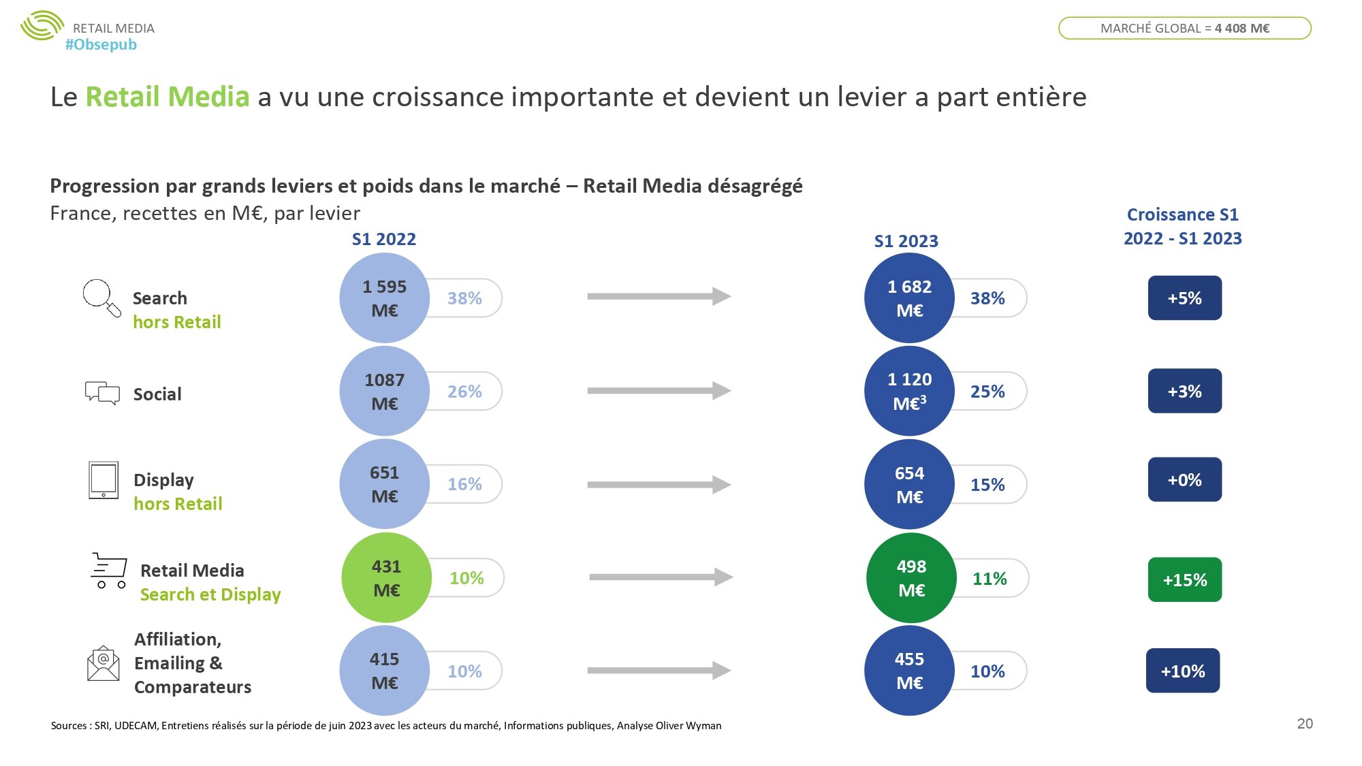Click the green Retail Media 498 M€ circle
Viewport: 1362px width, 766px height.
tap(911, 577)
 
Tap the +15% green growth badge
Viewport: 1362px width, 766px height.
tap(1184, 579)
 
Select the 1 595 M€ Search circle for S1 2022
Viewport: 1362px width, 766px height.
tap(384, 298)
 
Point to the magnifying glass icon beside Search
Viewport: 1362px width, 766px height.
tap(101, 298)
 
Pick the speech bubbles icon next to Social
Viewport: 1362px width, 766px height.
tap(102, 393)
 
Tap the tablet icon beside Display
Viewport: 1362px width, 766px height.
tap(104, 480)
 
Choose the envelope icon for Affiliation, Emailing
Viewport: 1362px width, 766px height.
tap(103, 663)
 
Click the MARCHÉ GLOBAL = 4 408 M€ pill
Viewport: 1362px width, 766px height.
tap(1184, 28)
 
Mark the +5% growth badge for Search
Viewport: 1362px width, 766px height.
tap(1184, 298)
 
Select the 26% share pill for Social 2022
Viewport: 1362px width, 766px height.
tap(465, 392)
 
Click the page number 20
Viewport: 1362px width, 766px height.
tap(1305, 724)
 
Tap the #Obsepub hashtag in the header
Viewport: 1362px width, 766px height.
tap(101, 45)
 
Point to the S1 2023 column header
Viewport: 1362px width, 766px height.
tap(906, 241)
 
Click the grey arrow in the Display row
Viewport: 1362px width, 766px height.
tap(659, 485)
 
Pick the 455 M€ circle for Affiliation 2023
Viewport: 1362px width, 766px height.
tap(909, 671)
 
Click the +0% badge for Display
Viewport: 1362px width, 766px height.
tap(1184, 480)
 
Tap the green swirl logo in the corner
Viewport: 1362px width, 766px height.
tap(42, 26)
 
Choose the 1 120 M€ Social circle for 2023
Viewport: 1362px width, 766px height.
tap(909, 392)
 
